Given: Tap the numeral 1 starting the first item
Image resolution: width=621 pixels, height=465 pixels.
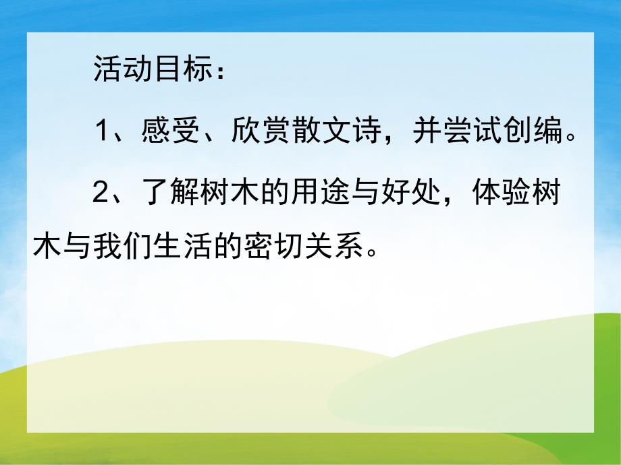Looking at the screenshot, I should (101, 131).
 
